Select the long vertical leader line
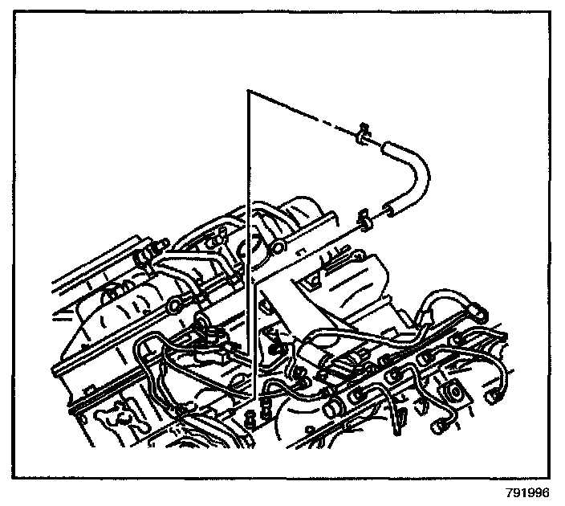pyautogui.click(x=250, y=241)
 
